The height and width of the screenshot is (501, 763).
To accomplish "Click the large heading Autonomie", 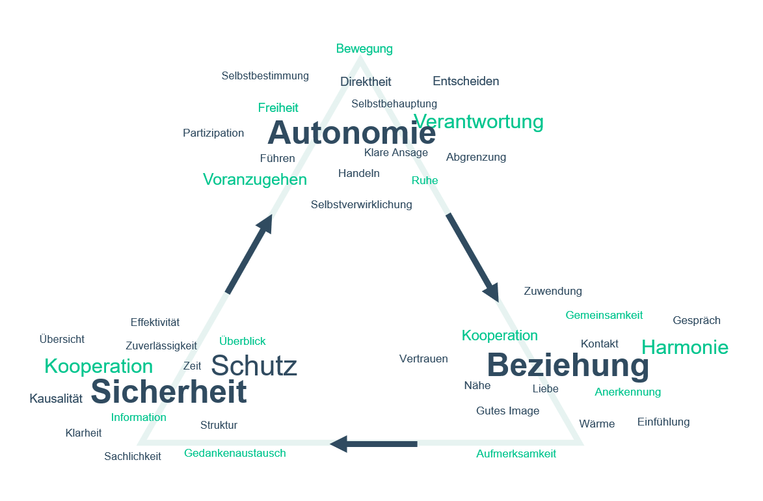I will pos(351,133).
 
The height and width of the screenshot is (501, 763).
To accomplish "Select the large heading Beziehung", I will pos(568,365).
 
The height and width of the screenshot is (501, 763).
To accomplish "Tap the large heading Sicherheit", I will pos(168,392).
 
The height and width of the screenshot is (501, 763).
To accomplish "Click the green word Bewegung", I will pos(364,49).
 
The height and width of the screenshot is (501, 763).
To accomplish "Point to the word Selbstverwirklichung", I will pos(361,204).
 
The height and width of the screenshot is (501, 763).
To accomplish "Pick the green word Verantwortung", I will pos(479,122).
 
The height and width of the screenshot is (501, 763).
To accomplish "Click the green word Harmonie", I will pos(685,347).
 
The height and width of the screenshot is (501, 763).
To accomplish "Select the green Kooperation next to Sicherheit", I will pos(98,366).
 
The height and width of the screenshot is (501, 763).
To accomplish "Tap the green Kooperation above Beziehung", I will pos(500,336).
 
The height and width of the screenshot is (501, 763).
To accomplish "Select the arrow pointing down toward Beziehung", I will pos(473,257).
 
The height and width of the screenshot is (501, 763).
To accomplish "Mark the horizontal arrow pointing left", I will pos(373,444).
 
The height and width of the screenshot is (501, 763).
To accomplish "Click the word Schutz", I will pos(254,366).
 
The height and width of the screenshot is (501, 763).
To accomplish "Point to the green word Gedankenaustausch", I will pos(235,453).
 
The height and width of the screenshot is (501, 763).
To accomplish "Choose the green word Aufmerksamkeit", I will pos(516,454).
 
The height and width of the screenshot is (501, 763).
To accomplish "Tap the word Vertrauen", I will pos(423,359).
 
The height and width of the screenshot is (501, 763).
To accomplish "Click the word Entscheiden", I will pos(466,81).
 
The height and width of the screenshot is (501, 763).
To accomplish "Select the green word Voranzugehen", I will pos(254,180).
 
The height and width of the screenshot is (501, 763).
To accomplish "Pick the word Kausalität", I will pos(56,399).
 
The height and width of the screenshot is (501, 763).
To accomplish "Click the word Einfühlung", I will pos(663,422).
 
